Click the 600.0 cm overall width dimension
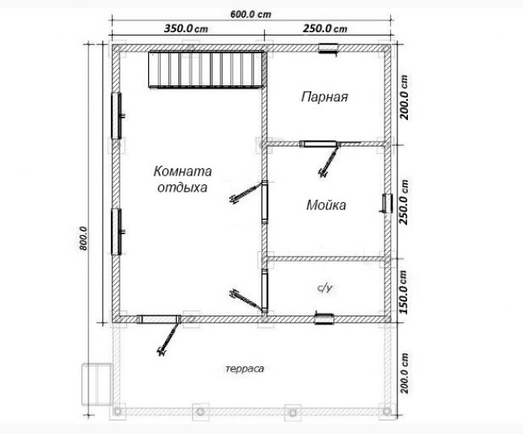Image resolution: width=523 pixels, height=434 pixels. click(250, 14)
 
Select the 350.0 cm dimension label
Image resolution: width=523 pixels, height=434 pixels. click(186, 28)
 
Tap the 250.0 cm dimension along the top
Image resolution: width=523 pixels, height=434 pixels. click(325, 28)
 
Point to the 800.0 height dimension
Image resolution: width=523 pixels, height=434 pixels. click(83, 238)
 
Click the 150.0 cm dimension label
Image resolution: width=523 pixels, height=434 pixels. click(404, 291)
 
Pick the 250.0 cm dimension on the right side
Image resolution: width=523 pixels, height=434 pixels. click(404, 202)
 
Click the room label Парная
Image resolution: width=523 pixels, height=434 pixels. click(324, 97)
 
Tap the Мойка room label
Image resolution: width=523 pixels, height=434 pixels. click(326, 205)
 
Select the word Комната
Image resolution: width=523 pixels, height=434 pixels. click(183, 172)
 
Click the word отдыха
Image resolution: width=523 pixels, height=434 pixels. click(182, 188)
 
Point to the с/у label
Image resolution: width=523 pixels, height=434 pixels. click(324, 287)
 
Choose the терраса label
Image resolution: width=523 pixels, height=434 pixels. click(245, 369)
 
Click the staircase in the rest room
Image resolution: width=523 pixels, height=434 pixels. click(206, 69)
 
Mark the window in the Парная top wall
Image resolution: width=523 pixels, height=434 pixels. click(327, 48)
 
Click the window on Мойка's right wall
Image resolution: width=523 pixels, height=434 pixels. click(387, 203)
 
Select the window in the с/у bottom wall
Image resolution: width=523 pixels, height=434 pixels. click(324, 319)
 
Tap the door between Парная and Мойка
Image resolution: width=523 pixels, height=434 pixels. click(319, 145)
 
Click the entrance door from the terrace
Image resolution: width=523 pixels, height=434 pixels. click(159, 320)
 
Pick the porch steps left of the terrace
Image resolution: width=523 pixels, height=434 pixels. click(97, 384)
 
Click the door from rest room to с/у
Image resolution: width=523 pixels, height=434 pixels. click(265, 291)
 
